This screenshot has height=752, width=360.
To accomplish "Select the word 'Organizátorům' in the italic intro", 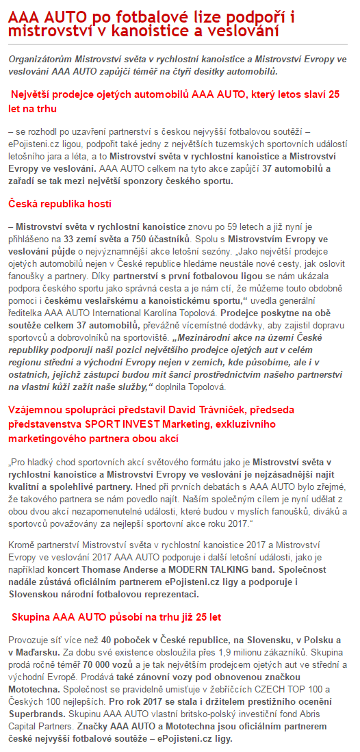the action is [x=41, y=60].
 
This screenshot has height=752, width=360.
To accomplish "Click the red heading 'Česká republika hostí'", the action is [x=60, y=204].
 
